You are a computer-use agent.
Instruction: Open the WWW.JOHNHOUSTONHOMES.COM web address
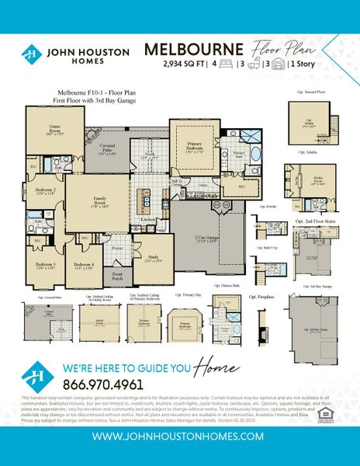pyautogui.click(x=180, y=437)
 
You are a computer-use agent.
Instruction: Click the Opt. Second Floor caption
pyautogui.click(x=310, y=92)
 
